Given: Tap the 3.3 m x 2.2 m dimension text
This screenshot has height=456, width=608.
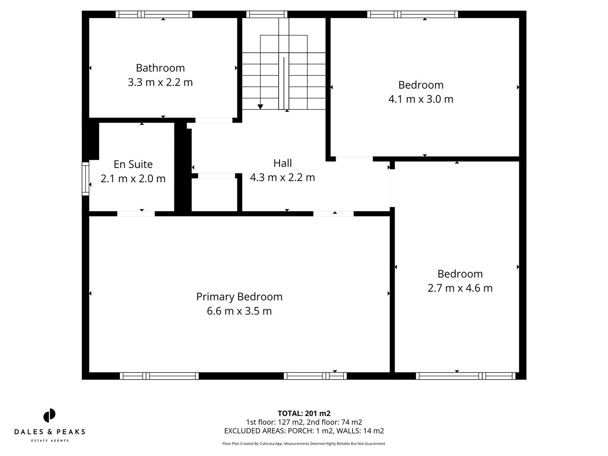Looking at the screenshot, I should click(160, 82).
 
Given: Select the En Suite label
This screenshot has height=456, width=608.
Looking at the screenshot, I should click(133, 164).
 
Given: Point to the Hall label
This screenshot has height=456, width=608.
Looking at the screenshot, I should click(282, 163).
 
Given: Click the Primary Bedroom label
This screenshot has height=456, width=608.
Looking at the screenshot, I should click(239, 297).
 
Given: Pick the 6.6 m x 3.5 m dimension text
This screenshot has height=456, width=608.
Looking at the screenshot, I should click(239, 311).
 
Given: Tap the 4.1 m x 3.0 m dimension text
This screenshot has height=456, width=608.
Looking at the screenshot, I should click(421, 99).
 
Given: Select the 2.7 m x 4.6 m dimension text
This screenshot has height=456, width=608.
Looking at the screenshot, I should click(460, 288).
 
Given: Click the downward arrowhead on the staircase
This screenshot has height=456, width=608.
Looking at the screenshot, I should click(261, 106).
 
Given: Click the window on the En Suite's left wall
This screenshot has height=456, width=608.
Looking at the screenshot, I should click(85, 179).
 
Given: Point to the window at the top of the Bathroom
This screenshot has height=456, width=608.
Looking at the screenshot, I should click(154, 14).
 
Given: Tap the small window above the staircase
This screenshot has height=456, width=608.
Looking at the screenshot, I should click(267, 14).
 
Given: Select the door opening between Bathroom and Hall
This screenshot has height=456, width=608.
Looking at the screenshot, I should click(214, 120).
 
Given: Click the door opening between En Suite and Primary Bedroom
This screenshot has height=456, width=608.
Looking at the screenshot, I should click(136, 214).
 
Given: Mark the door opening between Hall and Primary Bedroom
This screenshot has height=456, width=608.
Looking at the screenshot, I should click(333, 214).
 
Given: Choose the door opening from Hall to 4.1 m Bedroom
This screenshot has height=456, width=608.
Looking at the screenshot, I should click(354, 159).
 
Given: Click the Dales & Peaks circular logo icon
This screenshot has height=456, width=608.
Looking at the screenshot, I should click(49, 415).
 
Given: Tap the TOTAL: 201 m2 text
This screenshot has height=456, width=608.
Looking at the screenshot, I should click(304, 413).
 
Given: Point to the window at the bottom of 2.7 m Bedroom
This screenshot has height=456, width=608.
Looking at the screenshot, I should click(465, 376).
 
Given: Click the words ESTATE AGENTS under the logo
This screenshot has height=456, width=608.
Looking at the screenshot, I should click(50, 441).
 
